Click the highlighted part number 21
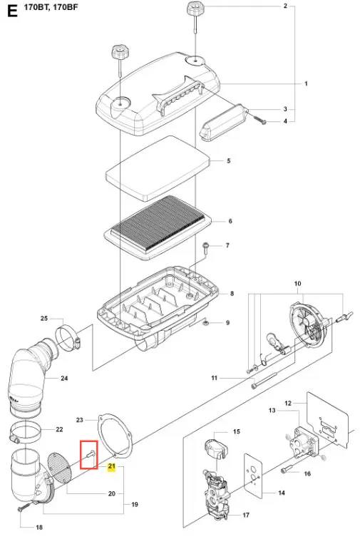point(111,466)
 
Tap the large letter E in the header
point(12,11)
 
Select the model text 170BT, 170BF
point(51,7)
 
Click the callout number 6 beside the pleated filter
point(230,221)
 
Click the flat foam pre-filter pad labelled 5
point(158,168)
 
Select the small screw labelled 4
point(260,119)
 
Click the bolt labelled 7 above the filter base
point(205,248)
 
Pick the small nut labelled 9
point(206,323)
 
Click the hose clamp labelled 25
point(68,336)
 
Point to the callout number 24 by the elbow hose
point(64,378)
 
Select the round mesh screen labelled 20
point(59,468)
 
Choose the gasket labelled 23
point(115,435)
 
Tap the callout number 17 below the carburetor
point(245,515)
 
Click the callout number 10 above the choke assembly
point(297,284)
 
